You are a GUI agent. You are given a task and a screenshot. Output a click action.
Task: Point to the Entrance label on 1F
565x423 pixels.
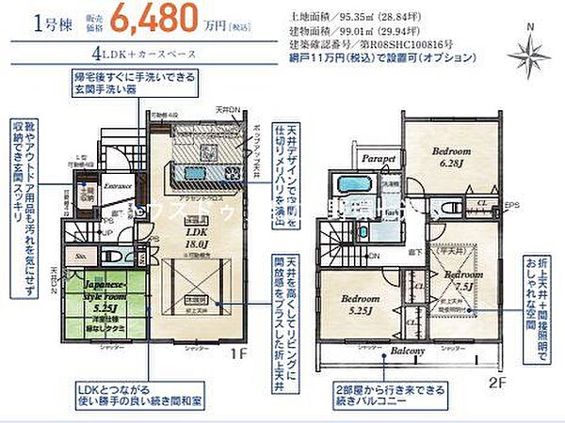118,186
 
